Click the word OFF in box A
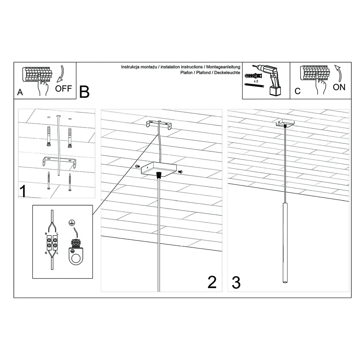[64, 88]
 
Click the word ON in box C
[339, 87]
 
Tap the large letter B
[85, 92]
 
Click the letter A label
[20, 92]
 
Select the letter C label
[298, 91]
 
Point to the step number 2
[212, 282]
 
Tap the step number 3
[236, 283]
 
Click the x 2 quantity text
[256, 81]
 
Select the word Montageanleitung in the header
[223, 67]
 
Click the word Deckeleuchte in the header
[228, 73]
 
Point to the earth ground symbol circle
[71, 222]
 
